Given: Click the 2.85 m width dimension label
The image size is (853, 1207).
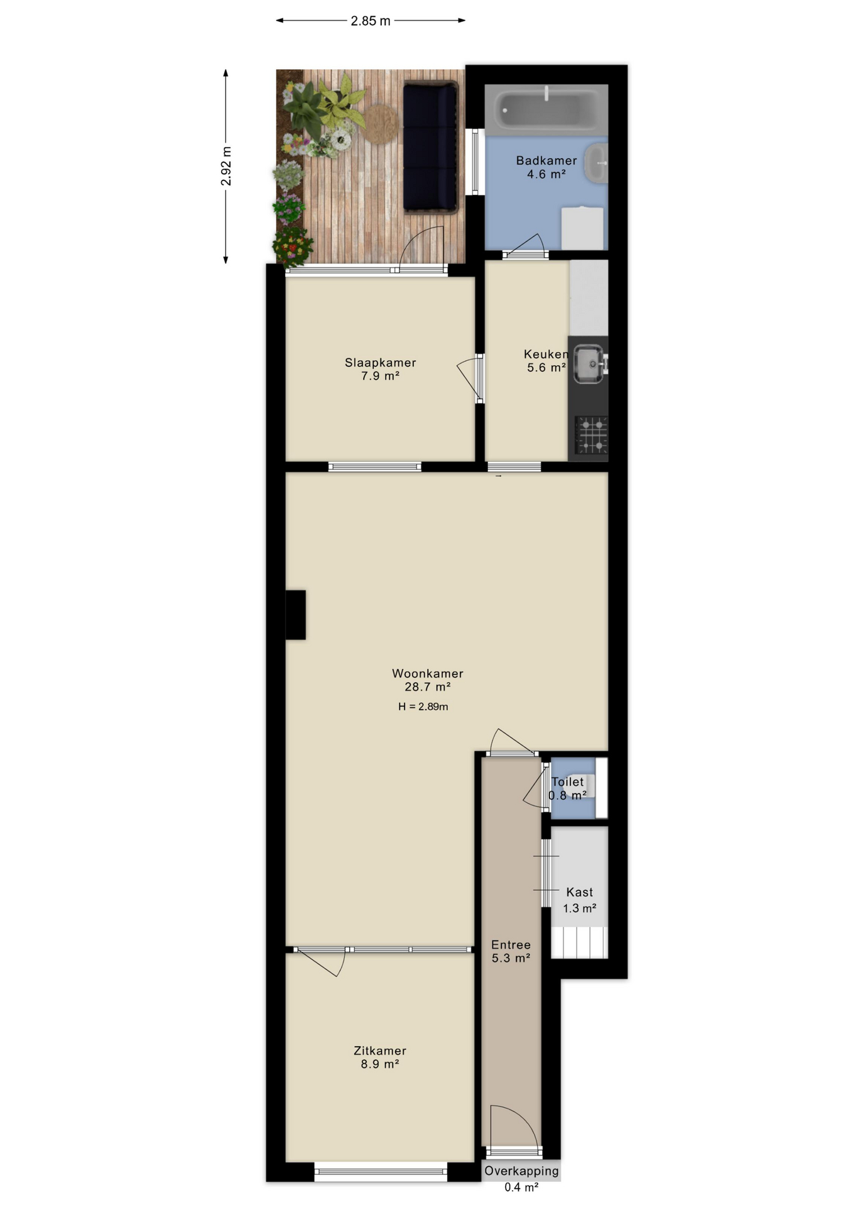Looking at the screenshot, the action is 371,21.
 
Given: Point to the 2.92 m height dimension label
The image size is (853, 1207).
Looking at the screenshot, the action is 226,166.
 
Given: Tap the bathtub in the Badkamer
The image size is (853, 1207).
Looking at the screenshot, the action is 546,109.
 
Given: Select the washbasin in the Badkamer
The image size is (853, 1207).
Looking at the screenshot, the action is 597,163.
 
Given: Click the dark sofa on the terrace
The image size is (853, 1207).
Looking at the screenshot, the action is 430,148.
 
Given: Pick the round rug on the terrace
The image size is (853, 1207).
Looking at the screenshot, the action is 381,123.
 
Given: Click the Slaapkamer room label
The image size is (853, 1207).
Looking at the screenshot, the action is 381,363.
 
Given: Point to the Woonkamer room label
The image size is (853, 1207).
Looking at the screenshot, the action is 428,673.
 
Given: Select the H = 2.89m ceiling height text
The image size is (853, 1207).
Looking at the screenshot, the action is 423,707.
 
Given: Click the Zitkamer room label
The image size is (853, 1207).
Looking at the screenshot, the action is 380,1050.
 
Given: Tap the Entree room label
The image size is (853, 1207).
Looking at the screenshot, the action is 511,945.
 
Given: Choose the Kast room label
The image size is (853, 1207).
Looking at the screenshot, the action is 580,892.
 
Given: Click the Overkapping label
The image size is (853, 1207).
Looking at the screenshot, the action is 521,1171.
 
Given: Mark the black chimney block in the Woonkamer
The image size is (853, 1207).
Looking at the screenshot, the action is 296,615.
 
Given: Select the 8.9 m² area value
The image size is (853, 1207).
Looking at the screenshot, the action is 380,1064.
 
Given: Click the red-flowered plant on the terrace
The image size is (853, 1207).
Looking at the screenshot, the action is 292,246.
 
